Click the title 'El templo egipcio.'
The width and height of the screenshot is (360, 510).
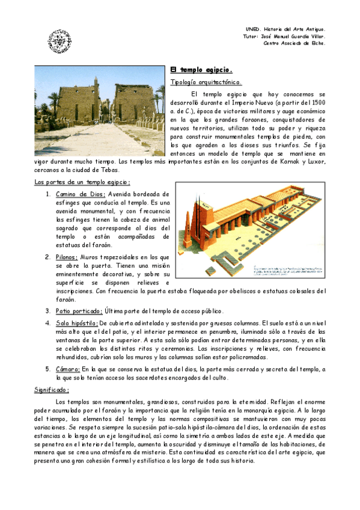coord(198,69)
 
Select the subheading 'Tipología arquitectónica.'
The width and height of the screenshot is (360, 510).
coord(206,82)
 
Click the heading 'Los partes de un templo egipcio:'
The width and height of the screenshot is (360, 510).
coord(82,182)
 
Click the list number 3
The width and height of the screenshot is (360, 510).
coord(47,311)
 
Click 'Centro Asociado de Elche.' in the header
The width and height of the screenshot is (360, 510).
coord(294,43)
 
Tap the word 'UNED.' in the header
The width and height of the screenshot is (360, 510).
coord(254,29)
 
